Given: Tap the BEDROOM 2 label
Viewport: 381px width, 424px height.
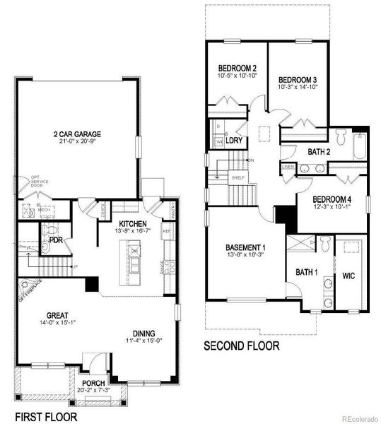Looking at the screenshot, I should coord(235,68).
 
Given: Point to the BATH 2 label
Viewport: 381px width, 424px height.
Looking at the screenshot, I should coord(319,151).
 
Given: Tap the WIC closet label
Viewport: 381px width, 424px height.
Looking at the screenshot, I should coord(348,274).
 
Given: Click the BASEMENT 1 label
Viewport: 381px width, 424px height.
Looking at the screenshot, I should coord(245,247).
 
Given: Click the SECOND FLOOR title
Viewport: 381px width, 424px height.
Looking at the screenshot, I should coord(241,346).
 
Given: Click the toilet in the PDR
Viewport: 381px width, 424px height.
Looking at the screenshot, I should coord(48,229).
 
